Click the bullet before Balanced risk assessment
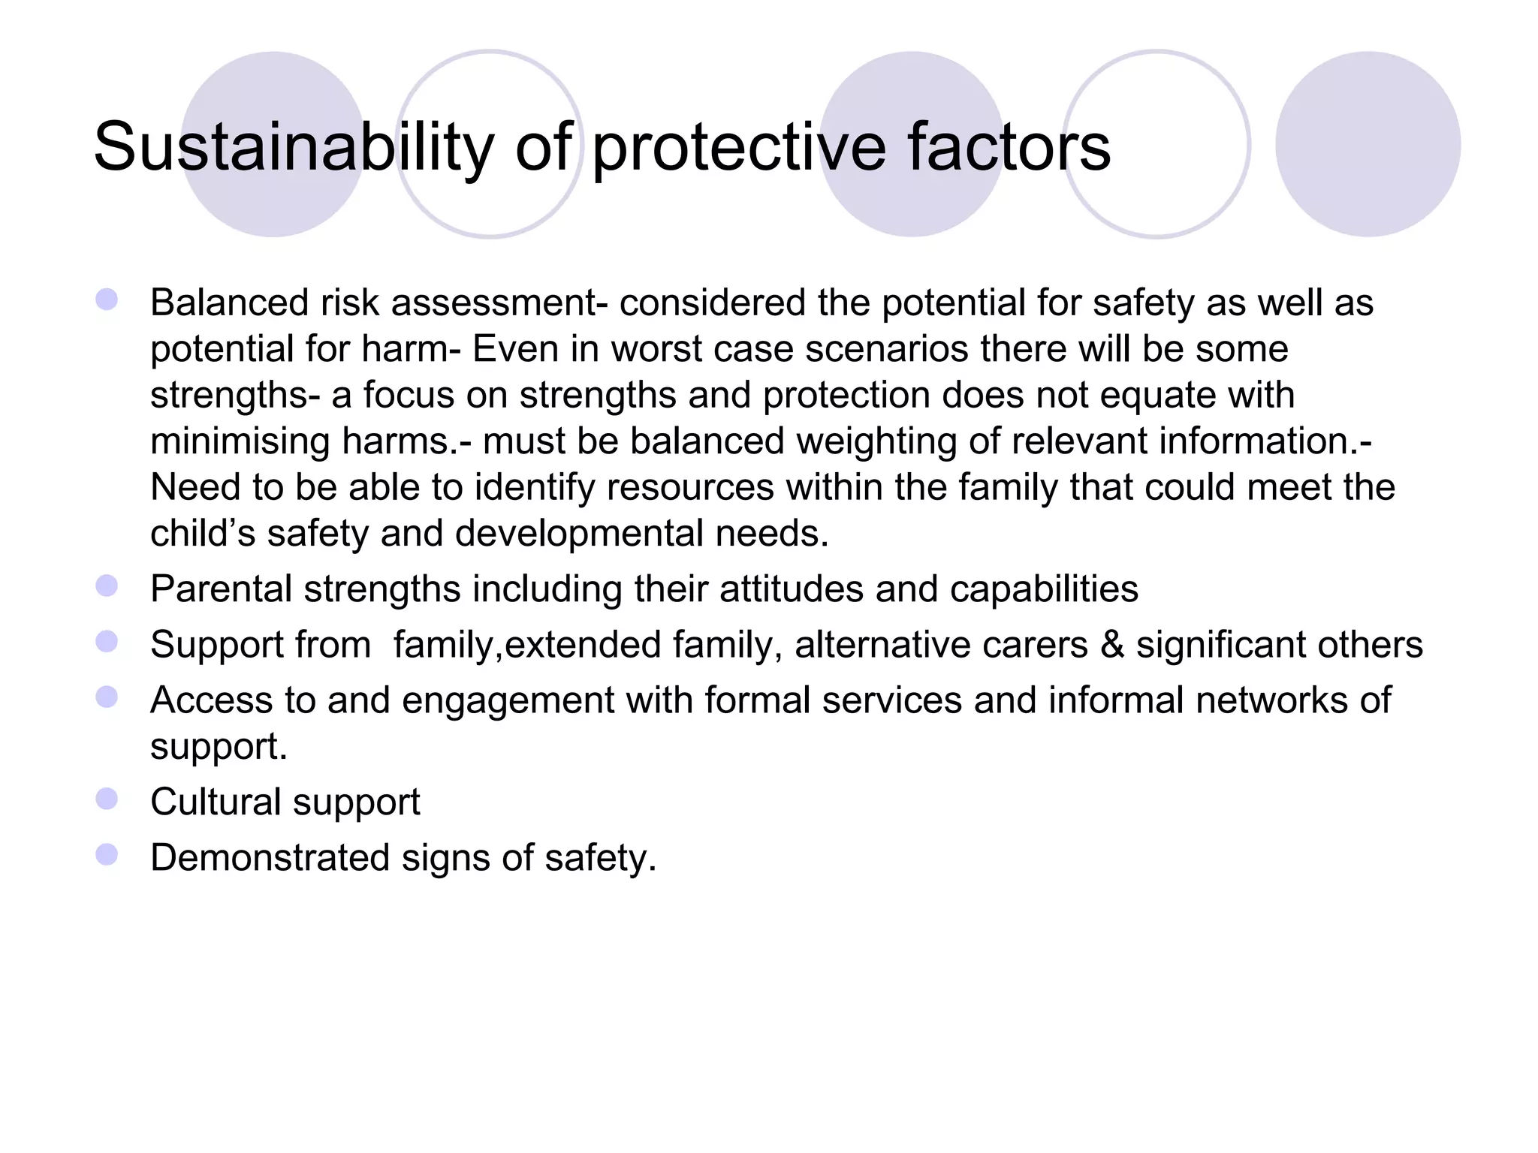107,300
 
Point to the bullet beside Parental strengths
107,586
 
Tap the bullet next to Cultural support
107,799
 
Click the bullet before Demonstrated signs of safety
107,855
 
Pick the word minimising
240,441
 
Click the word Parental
221,589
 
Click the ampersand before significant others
1112,645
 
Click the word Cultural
216,802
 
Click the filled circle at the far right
1368,144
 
